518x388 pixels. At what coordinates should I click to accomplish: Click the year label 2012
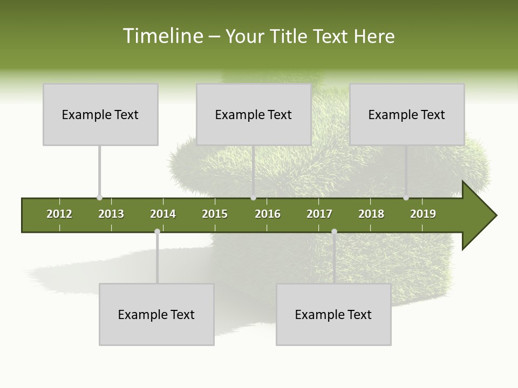[59, 214]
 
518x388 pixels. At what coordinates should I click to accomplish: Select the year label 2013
[111, 214]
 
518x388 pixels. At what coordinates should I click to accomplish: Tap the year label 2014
[163, 214]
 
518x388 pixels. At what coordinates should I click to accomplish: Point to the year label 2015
[215, 214]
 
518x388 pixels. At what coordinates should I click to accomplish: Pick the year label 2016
[268, 214]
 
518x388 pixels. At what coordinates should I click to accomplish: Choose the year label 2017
[319, 214]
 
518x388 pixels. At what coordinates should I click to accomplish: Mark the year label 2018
[371, 214]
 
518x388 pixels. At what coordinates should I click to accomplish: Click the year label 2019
[423, 214]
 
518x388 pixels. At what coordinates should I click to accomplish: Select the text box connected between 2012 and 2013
[100, 114]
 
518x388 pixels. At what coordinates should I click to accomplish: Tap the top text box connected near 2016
[254, 114]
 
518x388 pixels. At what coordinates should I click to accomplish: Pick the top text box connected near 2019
[407, 114]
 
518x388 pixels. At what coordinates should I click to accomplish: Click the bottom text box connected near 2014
[156, 314]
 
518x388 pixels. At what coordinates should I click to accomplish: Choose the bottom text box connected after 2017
[333, 314]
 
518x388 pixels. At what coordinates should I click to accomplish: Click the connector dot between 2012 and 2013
[99, 198]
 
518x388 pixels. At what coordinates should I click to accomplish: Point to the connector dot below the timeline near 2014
[157, 232]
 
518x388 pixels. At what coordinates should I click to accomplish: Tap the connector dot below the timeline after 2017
[334, 232]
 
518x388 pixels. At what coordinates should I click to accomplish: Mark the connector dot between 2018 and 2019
[406, 198]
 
